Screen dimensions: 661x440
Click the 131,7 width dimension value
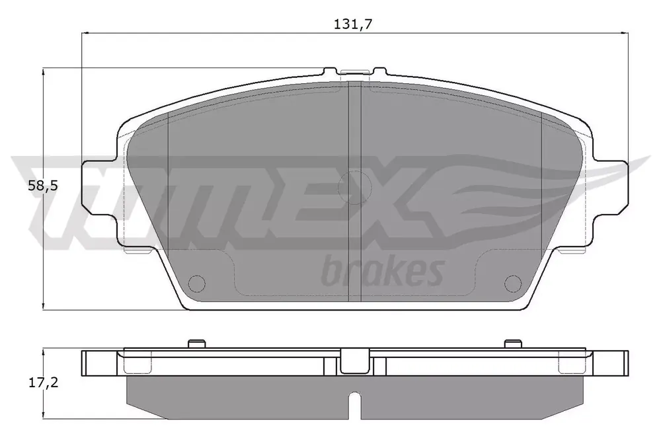(353, 24)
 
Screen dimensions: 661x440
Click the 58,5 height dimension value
(42, 186)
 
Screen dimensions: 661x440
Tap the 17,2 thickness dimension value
(43, 383)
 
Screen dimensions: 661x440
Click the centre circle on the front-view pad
(354, 187)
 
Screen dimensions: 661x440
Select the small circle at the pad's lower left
(196, 283)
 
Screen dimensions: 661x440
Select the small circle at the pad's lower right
(513, 283)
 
